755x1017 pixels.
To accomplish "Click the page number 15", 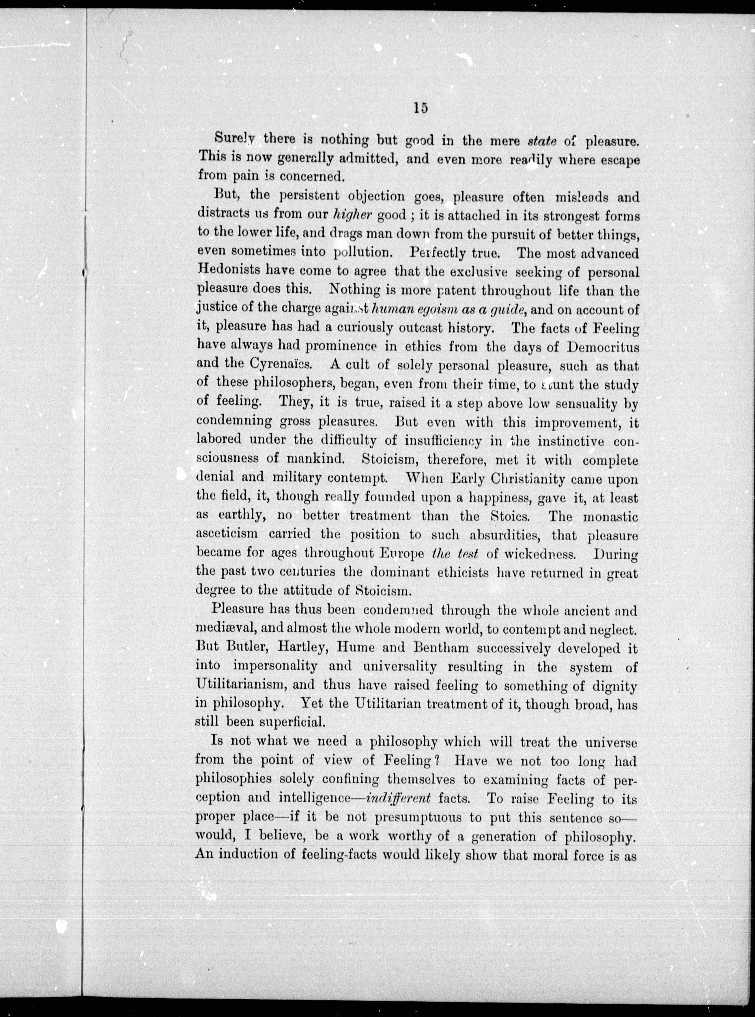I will (420, 108).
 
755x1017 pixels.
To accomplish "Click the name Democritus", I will (602, 346).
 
